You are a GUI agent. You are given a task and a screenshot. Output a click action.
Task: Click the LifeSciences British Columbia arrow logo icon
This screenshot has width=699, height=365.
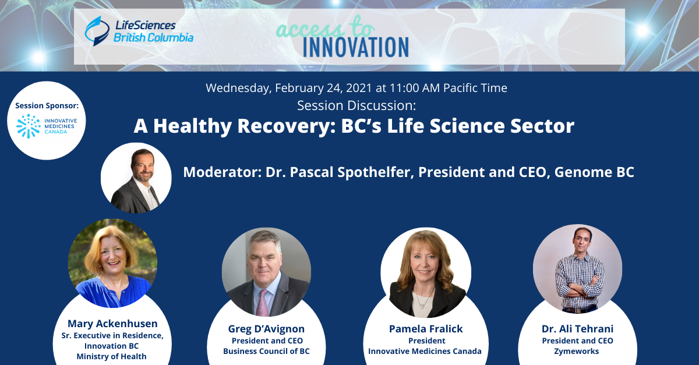(x=97, y=31)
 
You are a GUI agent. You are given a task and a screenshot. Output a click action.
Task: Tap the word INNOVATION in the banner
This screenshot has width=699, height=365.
(x=356, y=47)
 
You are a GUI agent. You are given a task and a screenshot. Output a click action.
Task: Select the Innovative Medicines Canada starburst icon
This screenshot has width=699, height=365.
(x=29, y=126)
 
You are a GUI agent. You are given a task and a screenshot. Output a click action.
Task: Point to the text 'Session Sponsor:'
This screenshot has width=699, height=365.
(x=47, y=106)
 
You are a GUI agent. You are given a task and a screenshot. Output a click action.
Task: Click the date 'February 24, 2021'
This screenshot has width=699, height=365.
(x=323, y=88)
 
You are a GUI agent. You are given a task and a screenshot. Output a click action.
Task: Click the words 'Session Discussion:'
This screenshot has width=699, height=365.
(x=356, y=105)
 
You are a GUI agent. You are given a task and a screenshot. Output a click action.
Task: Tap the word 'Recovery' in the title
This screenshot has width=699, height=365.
(x=286, y=126)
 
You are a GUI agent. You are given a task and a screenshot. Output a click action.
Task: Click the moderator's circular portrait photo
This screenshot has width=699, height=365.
(x=136, y=178)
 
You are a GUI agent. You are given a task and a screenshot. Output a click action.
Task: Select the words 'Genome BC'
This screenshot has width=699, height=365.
(x=594, y=172)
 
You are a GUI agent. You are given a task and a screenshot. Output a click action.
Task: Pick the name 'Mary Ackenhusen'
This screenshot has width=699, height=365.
(x=112, y=324)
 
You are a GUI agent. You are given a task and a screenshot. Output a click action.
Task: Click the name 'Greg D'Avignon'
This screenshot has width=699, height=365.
(x=266, y=329)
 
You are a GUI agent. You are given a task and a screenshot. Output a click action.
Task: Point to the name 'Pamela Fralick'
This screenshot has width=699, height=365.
(x=426, y=329)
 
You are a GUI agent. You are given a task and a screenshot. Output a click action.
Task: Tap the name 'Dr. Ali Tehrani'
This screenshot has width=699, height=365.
(x=577, y=329)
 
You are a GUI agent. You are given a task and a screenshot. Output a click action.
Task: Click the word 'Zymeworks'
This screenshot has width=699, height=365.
(x=576, y=351)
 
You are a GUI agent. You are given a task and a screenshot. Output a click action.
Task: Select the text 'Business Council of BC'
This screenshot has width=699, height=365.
(x=266, y=351)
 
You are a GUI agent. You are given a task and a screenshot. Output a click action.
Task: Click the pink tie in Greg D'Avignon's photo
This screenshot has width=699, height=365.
(x=263, y=303)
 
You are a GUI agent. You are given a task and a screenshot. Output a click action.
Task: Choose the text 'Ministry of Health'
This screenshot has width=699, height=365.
(x=111, y=356)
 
